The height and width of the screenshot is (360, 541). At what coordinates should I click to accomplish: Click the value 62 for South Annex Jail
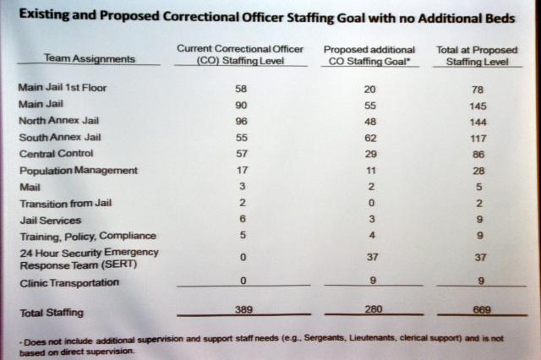pyautogui.click(x=369, y=137)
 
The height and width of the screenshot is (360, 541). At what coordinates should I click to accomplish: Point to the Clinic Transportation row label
pyautogui.click(x=68, y=282)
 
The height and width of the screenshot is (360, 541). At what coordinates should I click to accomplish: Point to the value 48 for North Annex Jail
pyautogui.click(x=369, y=120)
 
